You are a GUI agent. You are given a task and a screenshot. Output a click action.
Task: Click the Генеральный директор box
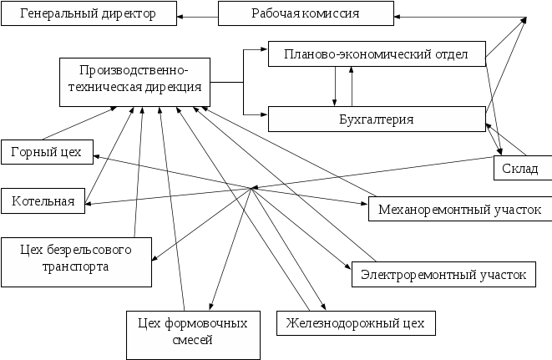tap(88, 14)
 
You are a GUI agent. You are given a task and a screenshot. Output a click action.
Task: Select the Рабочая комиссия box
tap(306, 14)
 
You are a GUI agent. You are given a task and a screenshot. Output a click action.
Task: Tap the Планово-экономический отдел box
tap(377, 56)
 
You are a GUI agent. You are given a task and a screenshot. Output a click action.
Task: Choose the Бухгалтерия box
tap(377, 119)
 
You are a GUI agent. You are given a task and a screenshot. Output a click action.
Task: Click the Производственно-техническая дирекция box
tap(134, 81)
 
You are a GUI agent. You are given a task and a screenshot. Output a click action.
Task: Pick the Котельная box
tap(43, 201)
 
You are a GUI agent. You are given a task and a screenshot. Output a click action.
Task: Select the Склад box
tap(520, 169)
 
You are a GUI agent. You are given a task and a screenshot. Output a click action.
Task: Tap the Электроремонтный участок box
tap(442, 273)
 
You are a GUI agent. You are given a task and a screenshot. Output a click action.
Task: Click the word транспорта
tap(76, 267)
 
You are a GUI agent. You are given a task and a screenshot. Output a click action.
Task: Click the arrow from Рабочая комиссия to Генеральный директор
tap(198, 14)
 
